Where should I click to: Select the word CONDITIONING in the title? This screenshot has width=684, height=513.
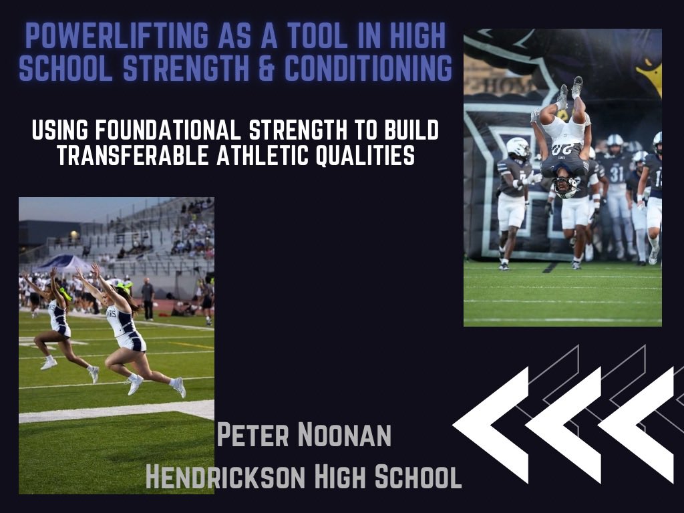(x=379, y=67)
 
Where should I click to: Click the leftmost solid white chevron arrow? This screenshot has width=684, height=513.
(x=491, y=424)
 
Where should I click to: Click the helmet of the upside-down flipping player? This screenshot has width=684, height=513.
(x=566, y=186)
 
